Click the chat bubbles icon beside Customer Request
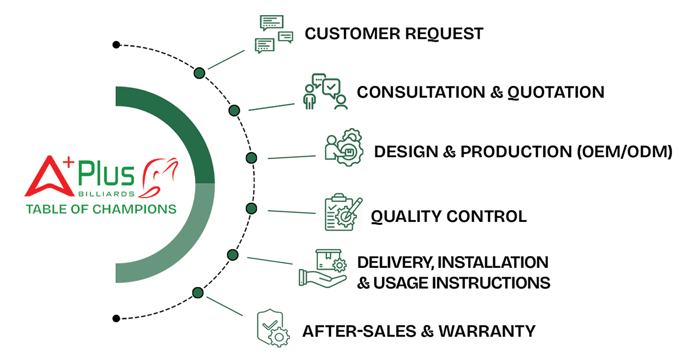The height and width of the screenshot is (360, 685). (x=274, y=34)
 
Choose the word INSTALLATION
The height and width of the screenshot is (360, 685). (x=493, y=262)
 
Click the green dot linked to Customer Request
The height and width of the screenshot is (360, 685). (x=199, y=73)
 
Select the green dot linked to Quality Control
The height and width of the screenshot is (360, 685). (x=251, y=209)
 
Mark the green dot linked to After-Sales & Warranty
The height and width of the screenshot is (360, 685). (x=197, y=293)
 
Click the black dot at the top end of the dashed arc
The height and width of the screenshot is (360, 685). (x=116, y=44)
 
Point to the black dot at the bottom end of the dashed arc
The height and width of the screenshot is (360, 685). (x=116, y=318)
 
